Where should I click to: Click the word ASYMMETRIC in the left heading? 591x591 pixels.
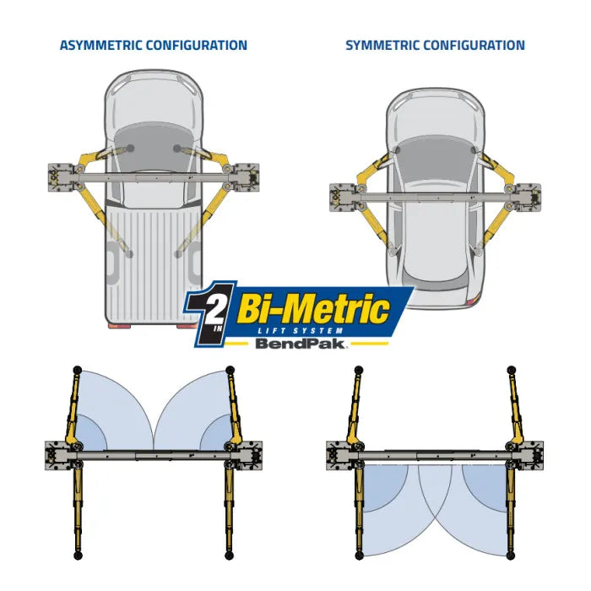pyautogui.click(x=101, y=46)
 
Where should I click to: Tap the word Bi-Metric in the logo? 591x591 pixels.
pyautogui.click(x=313, y=310)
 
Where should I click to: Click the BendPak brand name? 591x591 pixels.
pyautogui.click(x=300, y=344)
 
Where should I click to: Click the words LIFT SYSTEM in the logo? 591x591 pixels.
pyautogui.click(x=301, y=331)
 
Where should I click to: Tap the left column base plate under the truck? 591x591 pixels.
pyautogui.click(x=60, y=177)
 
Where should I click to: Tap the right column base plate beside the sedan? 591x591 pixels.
pyautogui.click(x=529, y=197)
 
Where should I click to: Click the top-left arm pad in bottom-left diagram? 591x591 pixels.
pyautogui.click(x=78, y=370)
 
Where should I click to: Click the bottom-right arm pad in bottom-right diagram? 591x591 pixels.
pyautogui.click(x=511, y=556)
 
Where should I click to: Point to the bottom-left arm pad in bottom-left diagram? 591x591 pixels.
pyautogui.click(x=78, y=556)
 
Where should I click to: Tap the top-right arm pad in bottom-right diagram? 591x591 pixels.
pyautogui.click(x=511, y=370)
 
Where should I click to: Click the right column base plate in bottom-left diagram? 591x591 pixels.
pyautogui.click(x=247, y=455)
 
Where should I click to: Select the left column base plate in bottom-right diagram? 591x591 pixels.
pyautogui.click(x=341, y=455)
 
